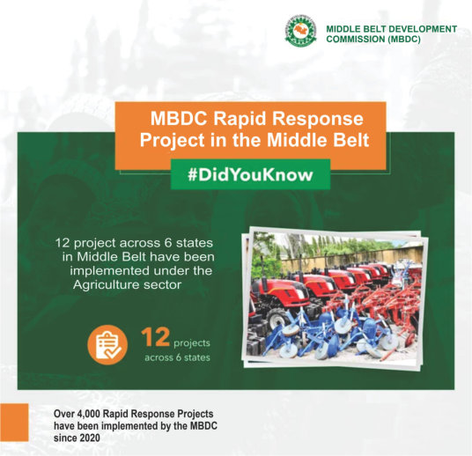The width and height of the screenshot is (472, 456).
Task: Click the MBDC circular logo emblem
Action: pos(301,32)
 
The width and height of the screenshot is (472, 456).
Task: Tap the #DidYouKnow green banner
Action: pos(250,174)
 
